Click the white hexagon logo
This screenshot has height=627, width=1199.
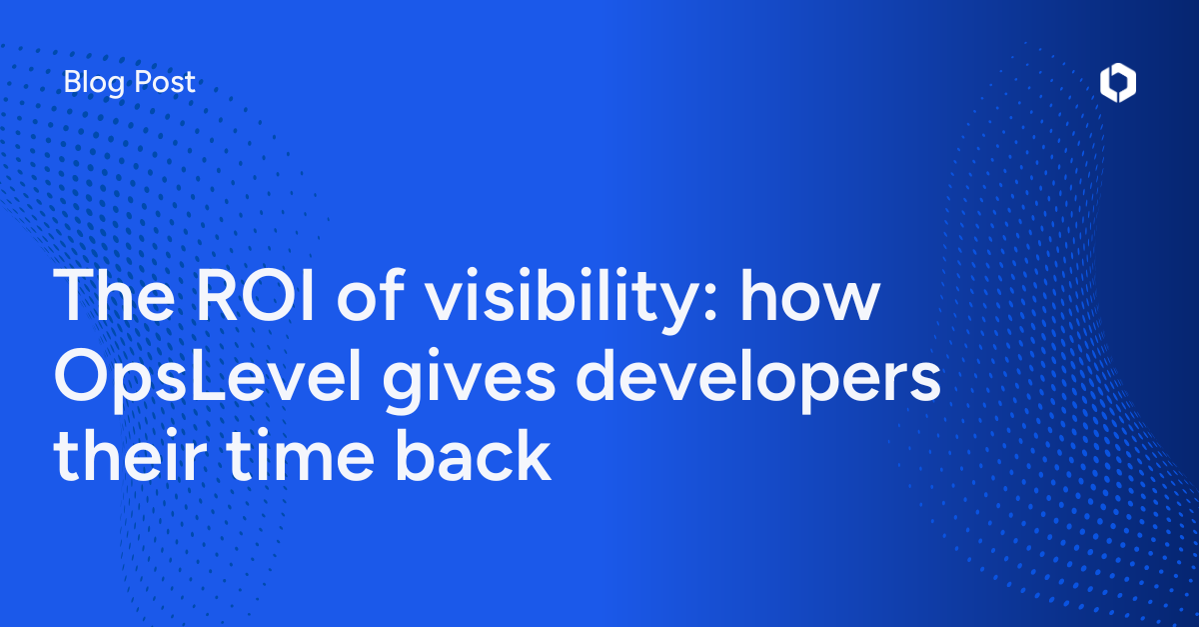pyautogui.click(x=1117, y=84)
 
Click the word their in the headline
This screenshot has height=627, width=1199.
pyautogui.click(x=126, y=459)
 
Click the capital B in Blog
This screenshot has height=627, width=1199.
pyautogui.click(x=71, y=83)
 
